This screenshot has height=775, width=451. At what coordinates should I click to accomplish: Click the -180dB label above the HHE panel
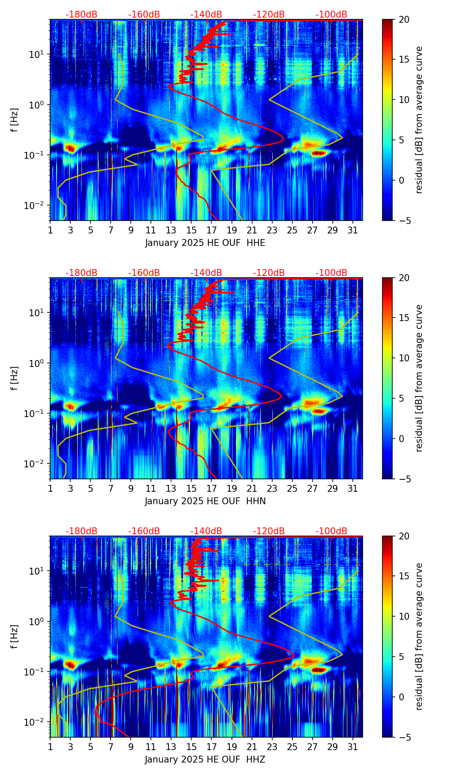click(x=81, y=15)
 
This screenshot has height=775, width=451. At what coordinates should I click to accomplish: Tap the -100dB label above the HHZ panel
click(x=331, y=531)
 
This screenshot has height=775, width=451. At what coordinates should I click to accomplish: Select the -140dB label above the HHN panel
click(x=206, y=273)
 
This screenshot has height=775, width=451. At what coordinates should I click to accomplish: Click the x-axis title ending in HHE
click(x=205, y=243)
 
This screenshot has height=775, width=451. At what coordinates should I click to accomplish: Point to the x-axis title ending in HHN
click(x=205, y=501)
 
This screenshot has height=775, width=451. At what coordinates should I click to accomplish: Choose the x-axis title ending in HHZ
click(x=205, y=760)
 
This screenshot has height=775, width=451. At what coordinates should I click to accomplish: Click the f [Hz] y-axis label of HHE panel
click(x=15, y=120)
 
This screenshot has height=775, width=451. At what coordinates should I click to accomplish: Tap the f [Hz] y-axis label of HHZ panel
click(x=15, y=636)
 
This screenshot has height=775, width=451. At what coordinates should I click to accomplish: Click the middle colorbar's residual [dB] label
click(x=419, y=378)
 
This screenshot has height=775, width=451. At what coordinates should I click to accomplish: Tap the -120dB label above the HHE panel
click(x=269, y=15)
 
